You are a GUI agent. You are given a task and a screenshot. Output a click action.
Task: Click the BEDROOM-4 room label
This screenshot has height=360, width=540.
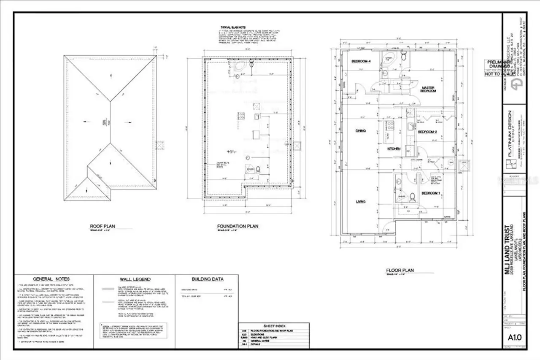[x=361, y=62]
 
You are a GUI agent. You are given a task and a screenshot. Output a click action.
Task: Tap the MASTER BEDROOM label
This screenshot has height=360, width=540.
[x=429, y=89]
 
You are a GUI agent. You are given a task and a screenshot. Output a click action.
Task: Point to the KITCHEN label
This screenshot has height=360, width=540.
[x=394, y=149]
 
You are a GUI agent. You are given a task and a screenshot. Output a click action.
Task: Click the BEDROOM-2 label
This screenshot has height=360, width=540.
[x=427, y=132]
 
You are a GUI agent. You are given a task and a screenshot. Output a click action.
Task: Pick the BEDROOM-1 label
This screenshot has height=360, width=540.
[x=431, y=193]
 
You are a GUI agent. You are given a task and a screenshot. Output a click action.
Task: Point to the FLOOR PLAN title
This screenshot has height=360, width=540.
[x=400, y=270]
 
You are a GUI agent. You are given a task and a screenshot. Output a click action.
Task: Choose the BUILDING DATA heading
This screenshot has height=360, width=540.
[x=208, y=279]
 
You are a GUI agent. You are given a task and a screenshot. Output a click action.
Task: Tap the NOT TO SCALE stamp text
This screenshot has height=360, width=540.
[x=500, y=74]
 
